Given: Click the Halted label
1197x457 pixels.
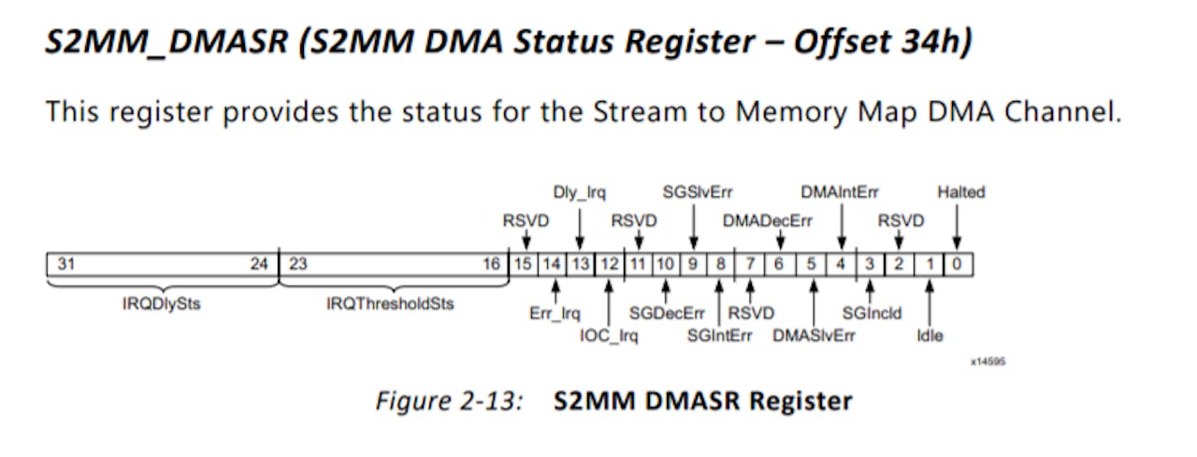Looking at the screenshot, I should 960,193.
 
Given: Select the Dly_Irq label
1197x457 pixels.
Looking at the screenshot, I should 580,193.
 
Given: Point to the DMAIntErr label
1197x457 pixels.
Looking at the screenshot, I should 840,193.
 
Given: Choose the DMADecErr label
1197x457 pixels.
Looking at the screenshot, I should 767,221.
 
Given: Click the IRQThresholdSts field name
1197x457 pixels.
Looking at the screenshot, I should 390,305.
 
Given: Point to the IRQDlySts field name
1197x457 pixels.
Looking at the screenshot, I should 161,305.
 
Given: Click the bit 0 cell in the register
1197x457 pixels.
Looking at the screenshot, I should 958,264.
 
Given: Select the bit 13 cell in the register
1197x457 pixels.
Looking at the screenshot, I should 581,264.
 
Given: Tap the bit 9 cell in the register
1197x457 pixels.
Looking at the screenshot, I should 693,264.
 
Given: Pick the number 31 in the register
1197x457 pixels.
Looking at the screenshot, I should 65,264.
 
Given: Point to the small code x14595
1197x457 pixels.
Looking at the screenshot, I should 987,361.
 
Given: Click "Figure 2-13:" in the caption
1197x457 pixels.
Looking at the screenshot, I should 449,402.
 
